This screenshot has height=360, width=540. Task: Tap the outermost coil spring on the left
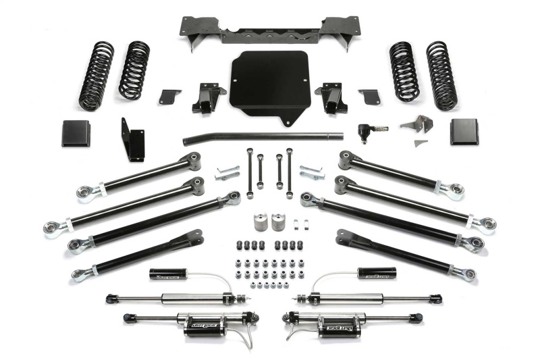[95, 76]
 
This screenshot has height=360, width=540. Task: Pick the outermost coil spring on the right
[442, 75]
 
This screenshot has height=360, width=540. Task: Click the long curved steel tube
[263, 137]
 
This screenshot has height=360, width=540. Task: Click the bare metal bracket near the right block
[416, 129]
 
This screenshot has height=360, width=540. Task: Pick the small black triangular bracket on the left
[170, 97]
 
